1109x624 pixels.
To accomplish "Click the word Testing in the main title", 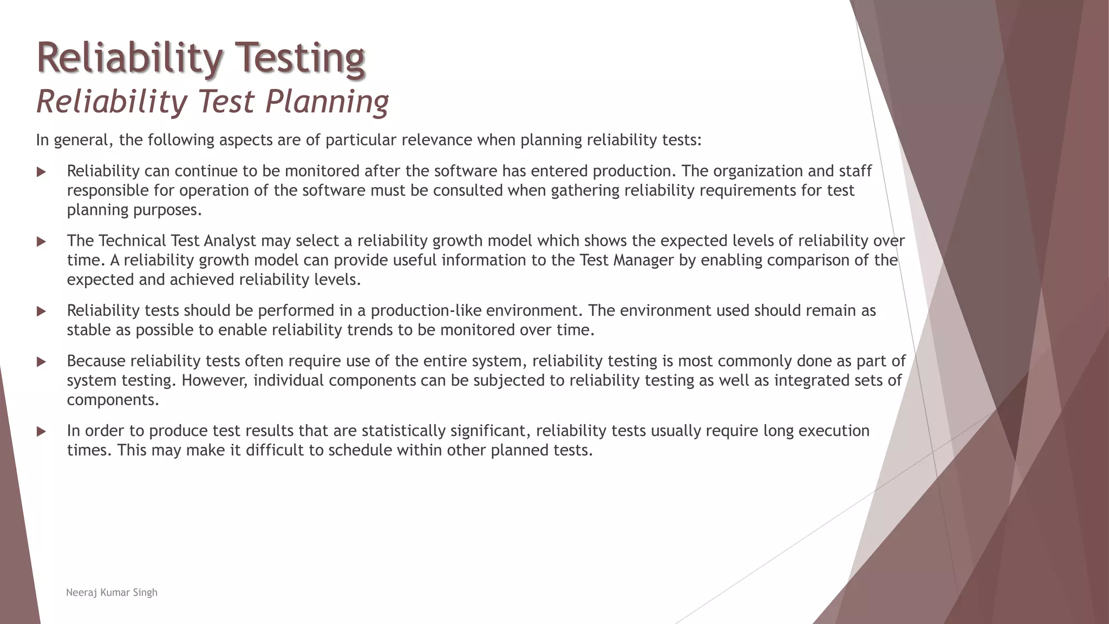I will (301, 58).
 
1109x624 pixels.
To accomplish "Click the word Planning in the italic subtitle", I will (327, 102).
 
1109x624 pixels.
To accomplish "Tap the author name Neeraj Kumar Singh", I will (112, 593).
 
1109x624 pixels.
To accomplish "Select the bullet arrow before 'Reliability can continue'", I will (41, 172).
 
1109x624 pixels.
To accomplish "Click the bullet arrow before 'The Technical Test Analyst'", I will (41, 242).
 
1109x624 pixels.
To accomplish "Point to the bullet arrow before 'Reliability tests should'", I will (41, 311).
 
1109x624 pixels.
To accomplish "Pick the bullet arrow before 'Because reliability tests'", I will (41, 362).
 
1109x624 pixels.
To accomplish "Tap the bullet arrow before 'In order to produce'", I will (41, 432).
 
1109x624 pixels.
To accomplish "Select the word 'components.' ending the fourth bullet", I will (113, 400).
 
